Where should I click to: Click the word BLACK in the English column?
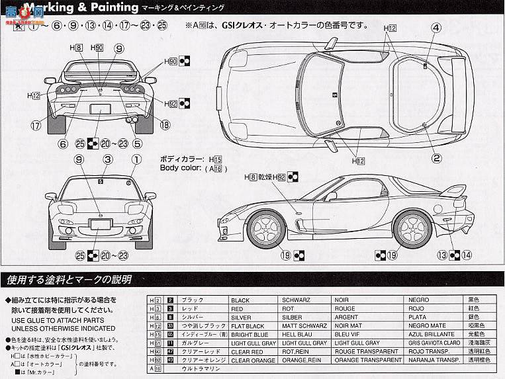click(240, 300)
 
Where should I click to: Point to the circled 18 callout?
click(165, 124)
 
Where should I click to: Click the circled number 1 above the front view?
click(136, 159)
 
